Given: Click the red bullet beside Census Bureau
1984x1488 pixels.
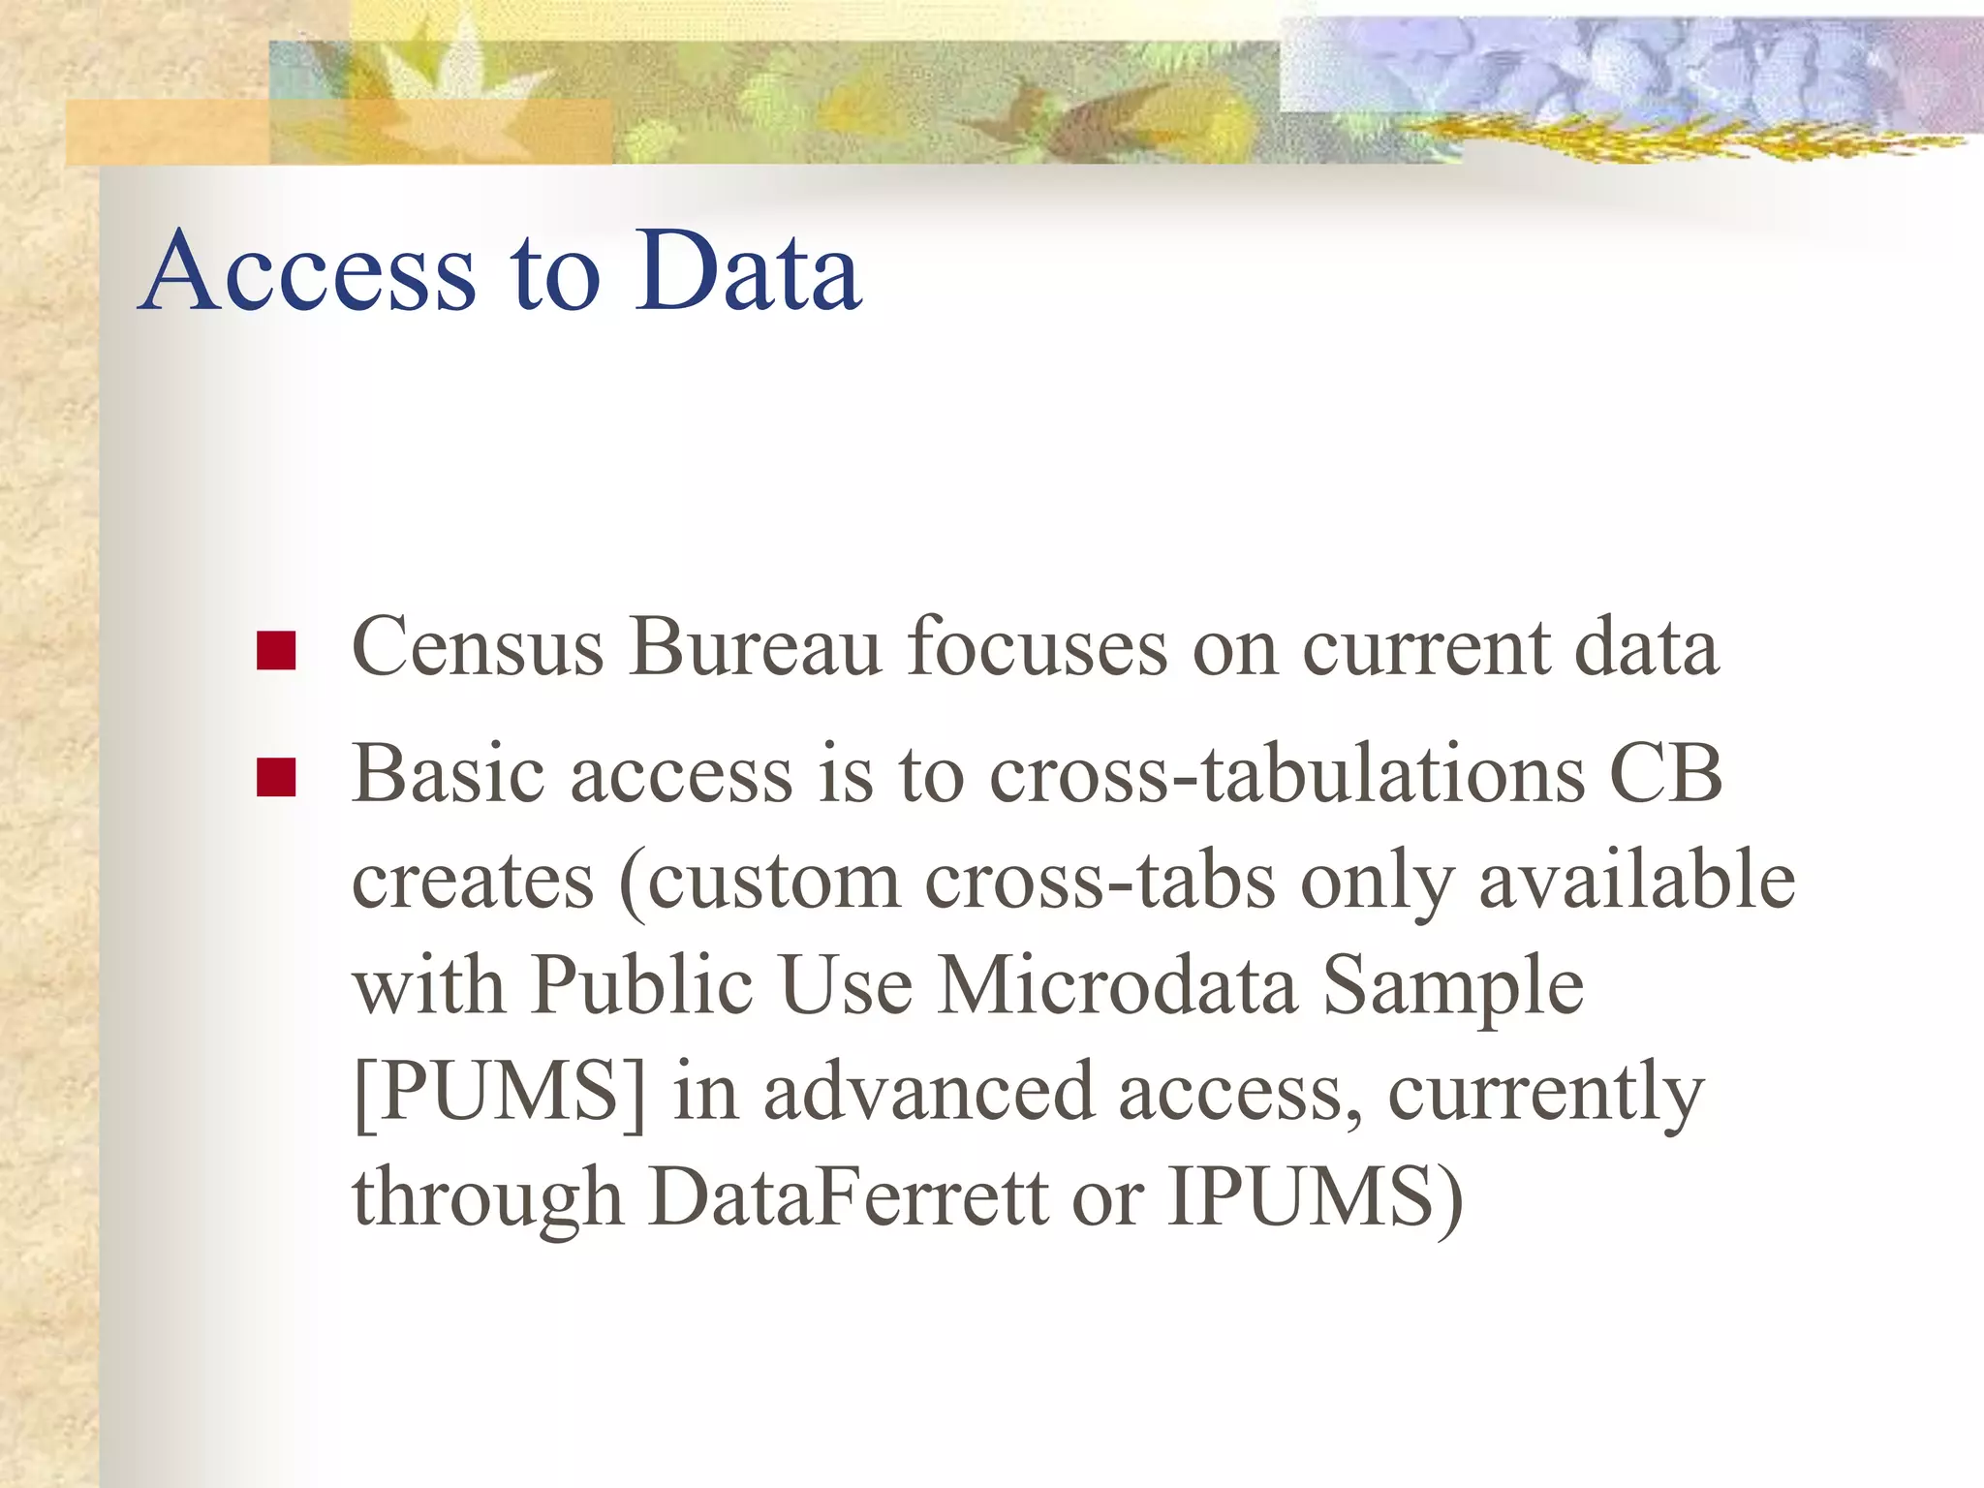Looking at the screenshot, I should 276,651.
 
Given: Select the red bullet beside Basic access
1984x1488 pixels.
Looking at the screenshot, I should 276,777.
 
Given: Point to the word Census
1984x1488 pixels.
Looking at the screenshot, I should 478,647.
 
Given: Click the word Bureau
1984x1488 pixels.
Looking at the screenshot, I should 756,647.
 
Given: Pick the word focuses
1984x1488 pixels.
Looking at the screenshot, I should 1038,647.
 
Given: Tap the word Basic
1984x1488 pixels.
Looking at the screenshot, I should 448,774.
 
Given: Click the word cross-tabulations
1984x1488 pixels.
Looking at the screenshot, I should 1287,774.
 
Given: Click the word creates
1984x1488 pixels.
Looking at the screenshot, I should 473,881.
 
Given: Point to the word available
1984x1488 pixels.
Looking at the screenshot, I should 1637,881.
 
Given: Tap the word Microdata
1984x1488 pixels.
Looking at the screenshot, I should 1118,986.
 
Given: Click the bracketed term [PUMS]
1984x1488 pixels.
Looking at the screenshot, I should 500,1093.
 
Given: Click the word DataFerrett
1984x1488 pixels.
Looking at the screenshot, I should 849,1198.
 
